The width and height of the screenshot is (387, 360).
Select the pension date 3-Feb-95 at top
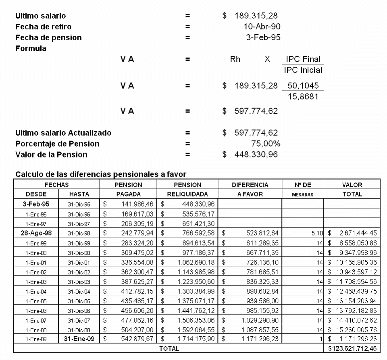263,38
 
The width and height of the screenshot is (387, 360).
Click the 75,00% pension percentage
266,144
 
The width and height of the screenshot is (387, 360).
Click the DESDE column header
37,194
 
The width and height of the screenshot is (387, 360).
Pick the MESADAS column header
304,194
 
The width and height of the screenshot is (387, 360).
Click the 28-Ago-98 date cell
37,232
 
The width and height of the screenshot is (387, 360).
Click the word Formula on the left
31,48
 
